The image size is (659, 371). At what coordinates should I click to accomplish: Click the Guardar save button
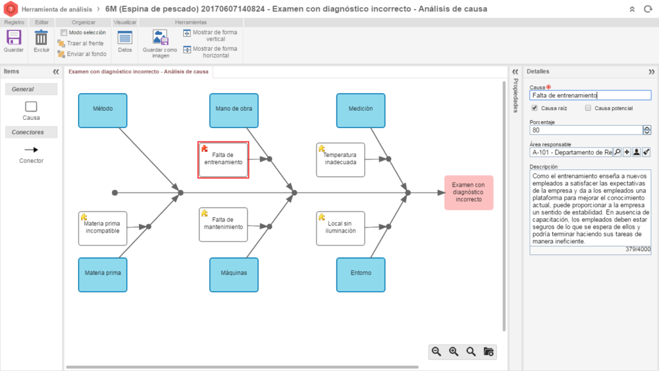[x=14, y=41]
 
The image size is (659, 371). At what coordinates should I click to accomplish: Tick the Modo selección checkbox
[x=64, y=32]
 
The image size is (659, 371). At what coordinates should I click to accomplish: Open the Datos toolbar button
[x=125, y=41]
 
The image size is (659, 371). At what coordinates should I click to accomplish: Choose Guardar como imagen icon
[x=160, y=37]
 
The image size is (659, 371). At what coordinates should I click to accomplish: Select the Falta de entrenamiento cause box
[x=223, y=160]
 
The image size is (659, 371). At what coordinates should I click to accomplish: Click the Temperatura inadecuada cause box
[x=340, y=160]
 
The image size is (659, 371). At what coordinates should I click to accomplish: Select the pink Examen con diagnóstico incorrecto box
[x=469, y=193]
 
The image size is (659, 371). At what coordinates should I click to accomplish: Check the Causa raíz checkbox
[x=535, y=108]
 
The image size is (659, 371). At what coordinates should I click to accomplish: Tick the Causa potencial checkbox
[x=588, y=108]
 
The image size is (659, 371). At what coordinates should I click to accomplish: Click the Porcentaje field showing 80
[x=586, y=130]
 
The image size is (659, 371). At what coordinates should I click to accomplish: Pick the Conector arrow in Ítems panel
[x=31, y=149]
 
